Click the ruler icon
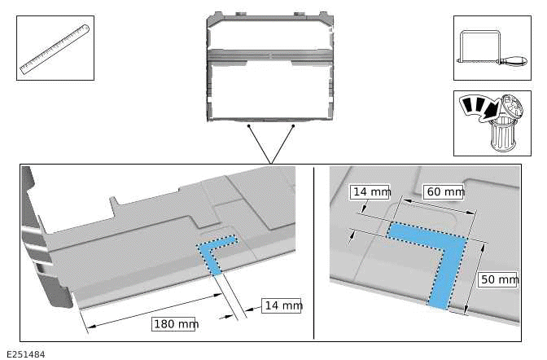[55, 48]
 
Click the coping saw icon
[491, 48]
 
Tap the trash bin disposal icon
[491, 123]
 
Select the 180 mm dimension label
[175, 324]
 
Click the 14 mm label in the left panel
[282, 305]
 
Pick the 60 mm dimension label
[445, 192]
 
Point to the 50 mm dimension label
[499, 279]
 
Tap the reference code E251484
[26, 353]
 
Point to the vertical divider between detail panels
[314, 252]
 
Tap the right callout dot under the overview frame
[292, 125]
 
